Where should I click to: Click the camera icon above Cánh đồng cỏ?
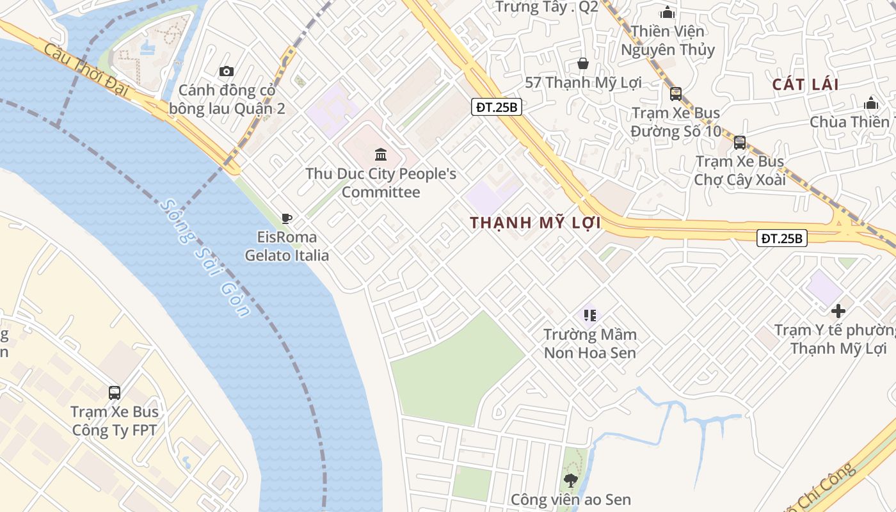pyautogui.click(x=227, y=71)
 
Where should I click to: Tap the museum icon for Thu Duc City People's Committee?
pyautogui.click(x=381, y=154)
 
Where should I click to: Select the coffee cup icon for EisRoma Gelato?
pyautogui.click(x=287, y=218)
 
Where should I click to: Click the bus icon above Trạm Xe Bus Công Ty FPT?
pyautogui.click(x=115, y=392)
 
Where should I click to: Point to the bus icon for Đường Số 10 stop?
pyautogui.click(x=675, y=94)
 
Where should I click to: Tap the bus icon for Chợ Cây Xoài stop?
pyautogui.click(x=740, y=142)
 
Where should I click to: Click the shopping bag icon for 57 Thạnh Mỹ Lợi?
pyautogui.click(x=583, y=63)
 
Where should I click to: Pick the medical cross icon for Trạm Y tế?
pyautogui.click(x=838, y=311)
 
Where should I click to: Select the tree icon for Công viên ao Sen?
pyautogui.click(x=570, y=480)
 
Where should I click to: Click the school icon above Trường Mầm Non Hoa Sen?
pyautogui.click(x=590, y=315)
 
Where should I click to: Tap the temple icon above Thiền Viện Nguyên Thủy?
pyautogui.click(x=668, y=12)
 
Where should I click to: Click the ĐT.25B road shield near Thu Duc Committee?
pyautogui.click(x=497, y=107)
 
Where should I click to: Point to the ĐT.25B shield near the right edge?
pyautogui.click(x=782, y=238)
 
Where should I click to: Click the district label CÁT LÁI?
pyautogui.click(x=805, y=84)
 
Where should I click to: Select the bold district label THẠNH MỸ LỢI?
pyautogui.click(x=535, y=223)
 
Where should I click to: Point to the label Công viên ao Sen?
pyautogui.click(x=570, y=499)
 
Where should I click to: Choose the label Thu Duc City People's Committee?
pyautogui.click(x=381, y=182)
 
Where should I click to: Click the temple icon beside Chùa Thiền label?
pyautogui.click(x=870, y=104)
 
